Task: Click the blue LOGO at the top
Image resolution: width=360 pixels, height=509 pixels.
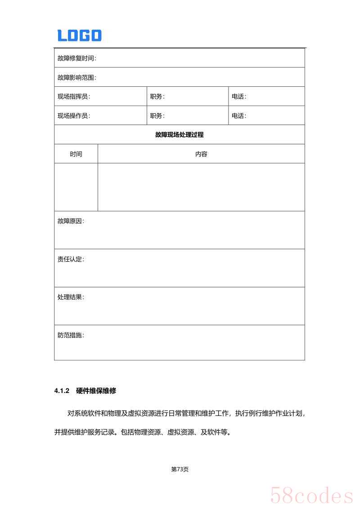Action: tap(80, 36)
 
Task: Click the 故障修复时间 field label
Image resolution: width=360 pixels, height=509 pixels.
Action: tap(76, 58)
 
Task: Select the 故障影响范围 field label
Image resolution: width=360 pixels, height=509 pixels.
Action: tap(76, 77)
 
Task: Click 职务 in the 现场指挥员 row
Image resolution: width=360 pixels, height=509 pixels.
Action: tap(157, 97)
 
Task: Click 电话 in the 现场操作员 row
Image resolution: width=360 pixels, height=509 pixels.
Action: tap(238, 116)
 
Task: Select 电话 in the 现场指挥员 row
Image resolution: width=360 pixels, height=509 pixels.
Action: tap(238, 97)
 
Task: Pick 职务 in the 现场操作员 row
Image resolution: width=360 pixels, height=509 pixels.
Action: tap(157, 116)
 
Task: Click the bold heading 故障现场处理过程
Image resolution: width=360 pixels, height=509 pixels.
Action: tap(180, 134)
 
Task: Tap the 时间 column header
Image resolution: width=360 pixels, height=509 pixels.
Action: tap(76, 154)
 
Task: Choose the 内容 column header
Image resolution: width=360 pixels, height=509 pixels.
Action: tap(201, 154)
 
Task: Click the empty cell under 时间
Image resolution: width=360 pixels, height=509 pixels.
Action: tap(76, 187)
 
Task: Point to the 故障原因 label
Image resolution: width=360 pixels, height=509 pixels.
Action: tap(70, 221)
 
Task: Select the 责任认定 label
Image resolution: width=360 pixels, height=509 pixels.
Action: tap(70, 259)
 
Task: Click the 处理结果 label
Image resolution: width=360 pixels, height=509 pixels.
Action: tap(70, 297)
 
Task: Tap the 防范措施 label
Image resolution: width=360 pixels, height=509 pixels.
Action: tap(70, 335)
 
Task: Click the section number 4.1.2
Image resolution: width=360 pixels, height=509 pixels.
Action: tap(62, 391)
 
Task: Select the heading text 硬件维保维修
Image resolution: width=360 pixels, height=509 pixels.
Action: tap(96, 391)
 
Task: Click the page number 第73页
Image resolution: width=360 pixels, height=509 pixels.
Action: tap(180, 469)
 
